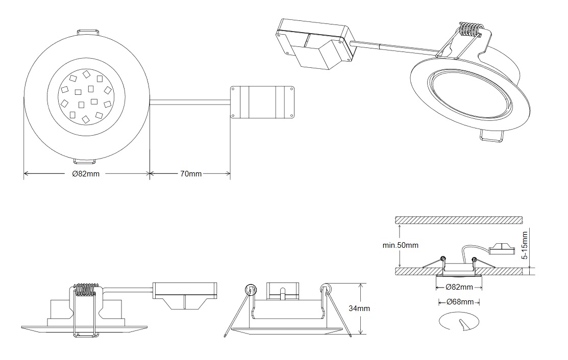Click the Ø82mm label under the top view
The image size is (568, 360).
[86, 174]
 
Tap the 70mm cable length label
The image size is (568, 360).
[191, 174]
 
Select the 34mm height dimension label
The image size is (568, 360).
[360, 308]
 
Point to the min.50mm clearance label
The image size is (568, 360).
[401, 245]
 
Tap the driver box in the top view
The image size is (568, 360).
[262, 101]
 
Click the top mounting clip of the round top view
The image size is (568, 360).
[88, 32]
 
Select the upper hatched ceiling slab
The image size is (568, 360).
[459, 219]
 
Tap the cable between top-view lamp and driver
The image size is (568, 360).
[190, 101]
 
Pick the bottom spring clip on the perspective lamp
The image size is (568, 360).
[492, 137]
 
